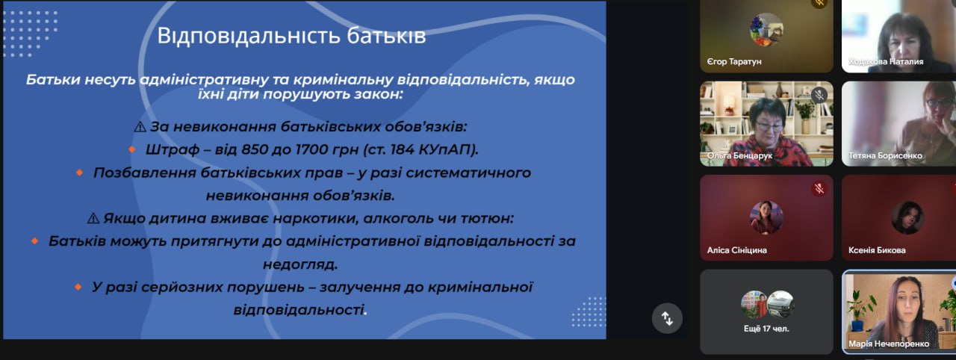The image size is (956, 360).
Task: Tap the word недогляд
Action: tap(300, 264)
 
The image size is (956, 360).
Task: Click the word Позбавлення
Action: tap(144, 173)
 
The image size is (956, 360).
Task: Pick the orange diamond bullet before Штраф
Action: tap(132, 149)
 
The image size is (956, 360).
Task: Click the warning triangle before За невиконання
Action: tap(140, 127)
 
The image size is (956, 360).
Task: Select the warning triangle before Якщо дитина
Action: tap(93, 218)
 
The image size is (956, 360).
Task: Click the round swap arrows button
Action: tap(667, 318)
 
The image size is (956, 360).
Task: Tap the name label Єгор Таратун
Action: tap(734, 62)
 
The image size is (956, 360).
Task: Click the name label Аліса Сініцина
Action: tap(736, 250)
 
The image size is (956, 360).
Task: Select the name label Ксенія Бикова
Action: tap(877, 250)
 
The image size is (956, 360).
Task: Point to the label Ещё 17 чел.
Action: tap(766, 329)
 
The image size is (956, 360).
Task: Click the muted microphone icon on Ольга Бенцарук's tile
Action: tap(819, 95)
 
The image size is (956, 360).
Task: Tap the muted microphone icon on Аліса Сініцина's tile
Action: tap(819, 189)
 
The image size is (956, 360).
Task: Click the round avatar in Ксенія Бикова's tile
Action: tap(907, 217)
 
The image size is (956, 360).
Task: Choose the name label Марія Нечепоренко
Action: tap(889, 344)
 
